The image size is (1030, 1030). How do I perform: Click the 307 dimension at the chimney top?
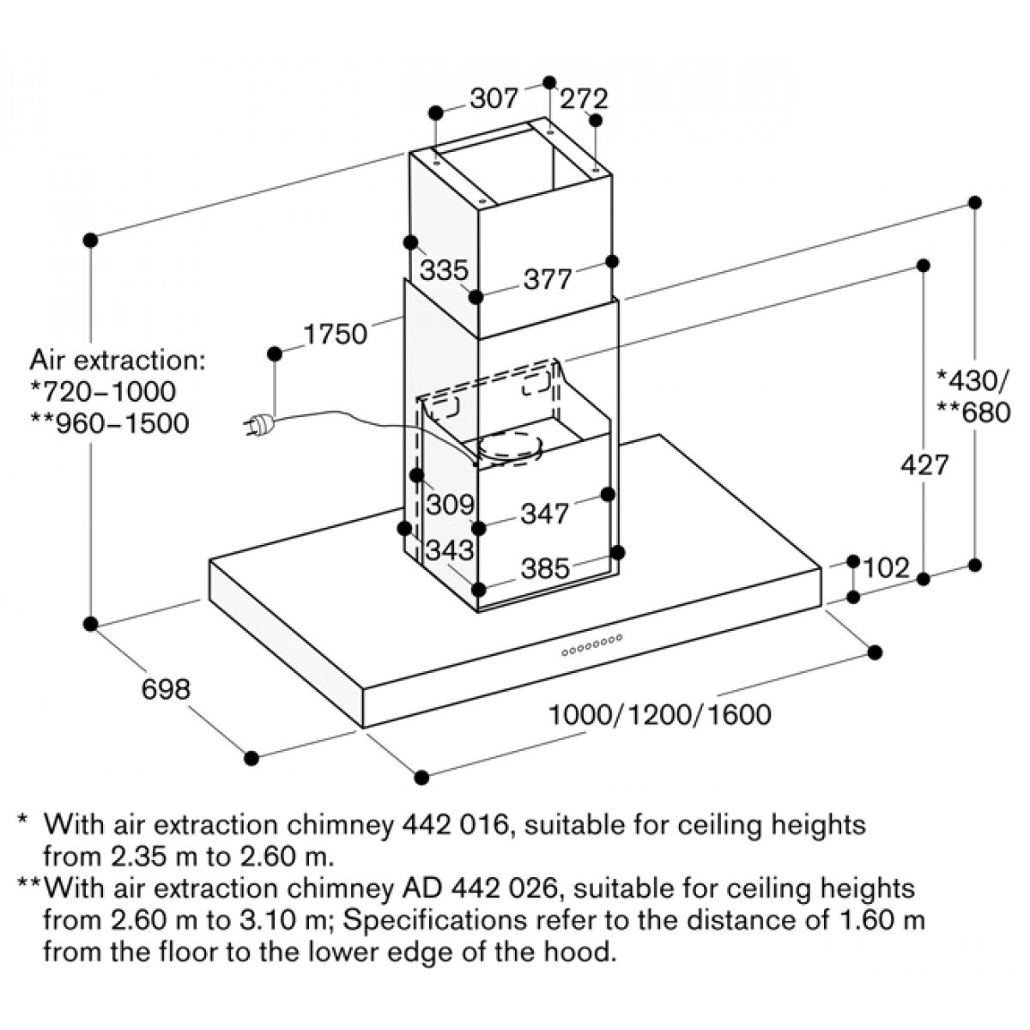tap(494, 100)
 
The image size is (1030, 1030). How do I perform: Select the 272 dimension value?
tap(584, 100)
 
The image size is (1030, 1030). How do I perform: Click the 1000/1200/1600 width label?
tap(660, 714)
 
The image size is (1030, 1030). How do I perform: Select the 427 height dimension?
tap(924, 464)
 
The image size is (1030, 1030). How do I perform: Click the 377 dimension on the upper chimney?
tap(547, 280)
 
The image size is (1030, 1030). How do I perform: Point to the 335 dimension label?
tap(444, 270)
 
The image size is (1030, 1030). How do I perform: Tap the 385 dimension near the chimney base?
tap(545, 568)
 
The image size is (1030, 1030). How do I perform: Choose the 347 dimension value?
tap(544, 514)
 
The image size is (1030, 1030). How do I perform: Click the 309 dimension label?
tap(450, 505)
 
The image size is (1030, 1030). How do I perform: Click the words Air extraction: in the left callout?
tap(118, 360)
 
